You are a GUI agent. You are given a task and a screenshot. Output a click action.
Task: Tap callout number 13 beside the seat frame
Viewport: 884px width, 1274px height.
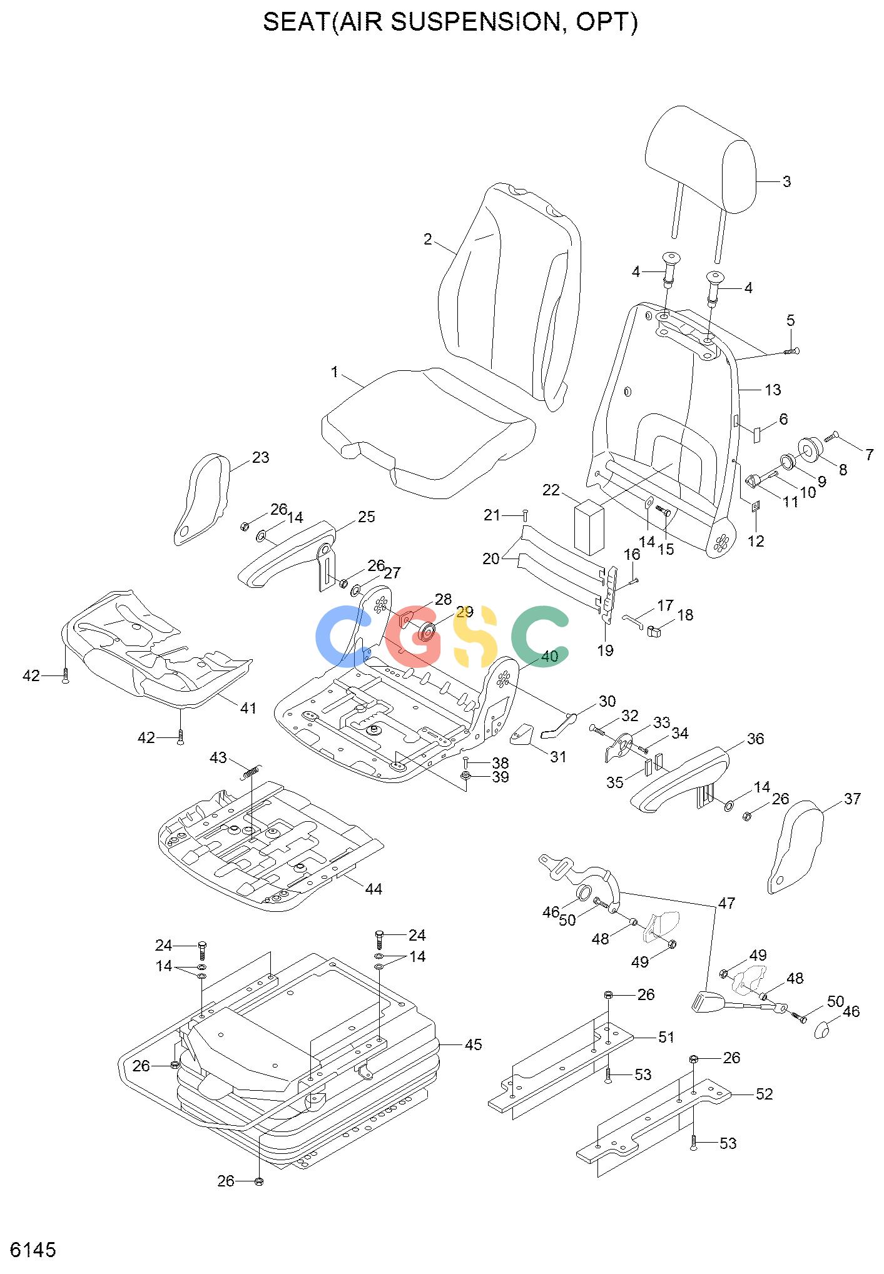tap(773, 390)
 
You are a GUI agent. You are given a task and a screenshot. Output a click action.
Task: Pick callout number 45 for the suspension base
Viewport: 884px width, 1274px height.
tap(474, 1044)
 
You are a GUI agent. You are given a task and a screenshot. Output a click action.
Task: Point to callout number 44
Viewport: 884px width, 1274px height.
tap(373, 889)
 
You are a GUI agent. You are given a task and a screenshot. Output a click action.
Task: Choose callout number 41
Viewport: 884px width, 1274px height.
tap(248, 708)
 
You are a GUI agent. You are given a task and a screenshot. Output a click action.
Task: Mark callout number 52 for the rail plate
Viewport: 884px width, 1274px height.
tap(765, 1094)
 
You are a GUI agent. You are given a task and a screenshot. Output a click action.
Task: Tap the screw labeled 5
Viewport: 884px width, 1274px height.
tap(792, 351)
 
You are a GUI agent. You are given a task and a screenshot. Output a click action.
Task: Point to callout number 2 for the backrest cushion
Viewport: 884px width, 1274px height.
tap(428, 239)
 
